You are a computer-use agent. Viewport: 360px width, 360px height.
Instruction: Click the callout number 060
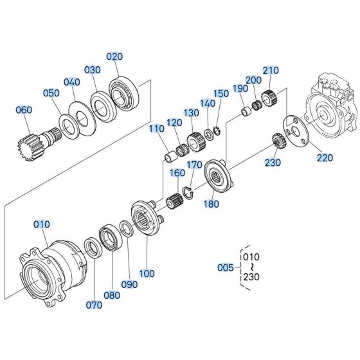[23, 110]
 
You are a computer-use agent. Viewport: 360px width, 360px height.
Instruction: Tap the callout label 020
[114, 57]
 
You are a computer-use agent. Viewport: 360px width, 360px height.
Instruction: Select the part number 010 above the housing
[41, 224]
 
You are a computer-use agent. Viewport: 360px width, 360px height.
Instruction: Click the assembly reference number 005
[224, 268]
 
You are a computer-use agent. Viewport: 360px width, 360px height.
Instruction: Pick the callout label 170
[194, 166]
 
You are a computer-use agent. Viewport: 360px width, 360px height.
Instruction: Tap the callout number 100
[147, 273]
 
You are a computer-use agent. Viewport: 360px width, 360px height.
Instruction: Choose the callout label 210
[271, 70]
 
